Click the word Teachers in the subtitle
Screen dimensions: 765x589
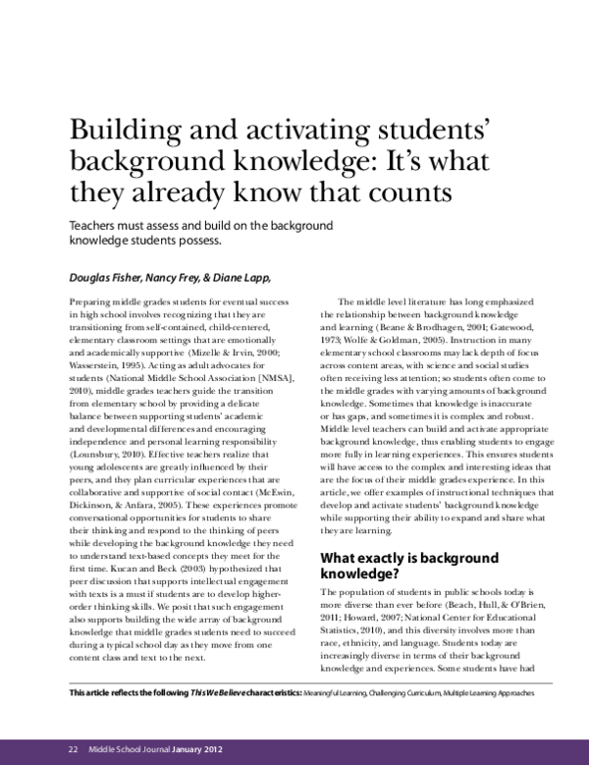click(93, 225)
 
